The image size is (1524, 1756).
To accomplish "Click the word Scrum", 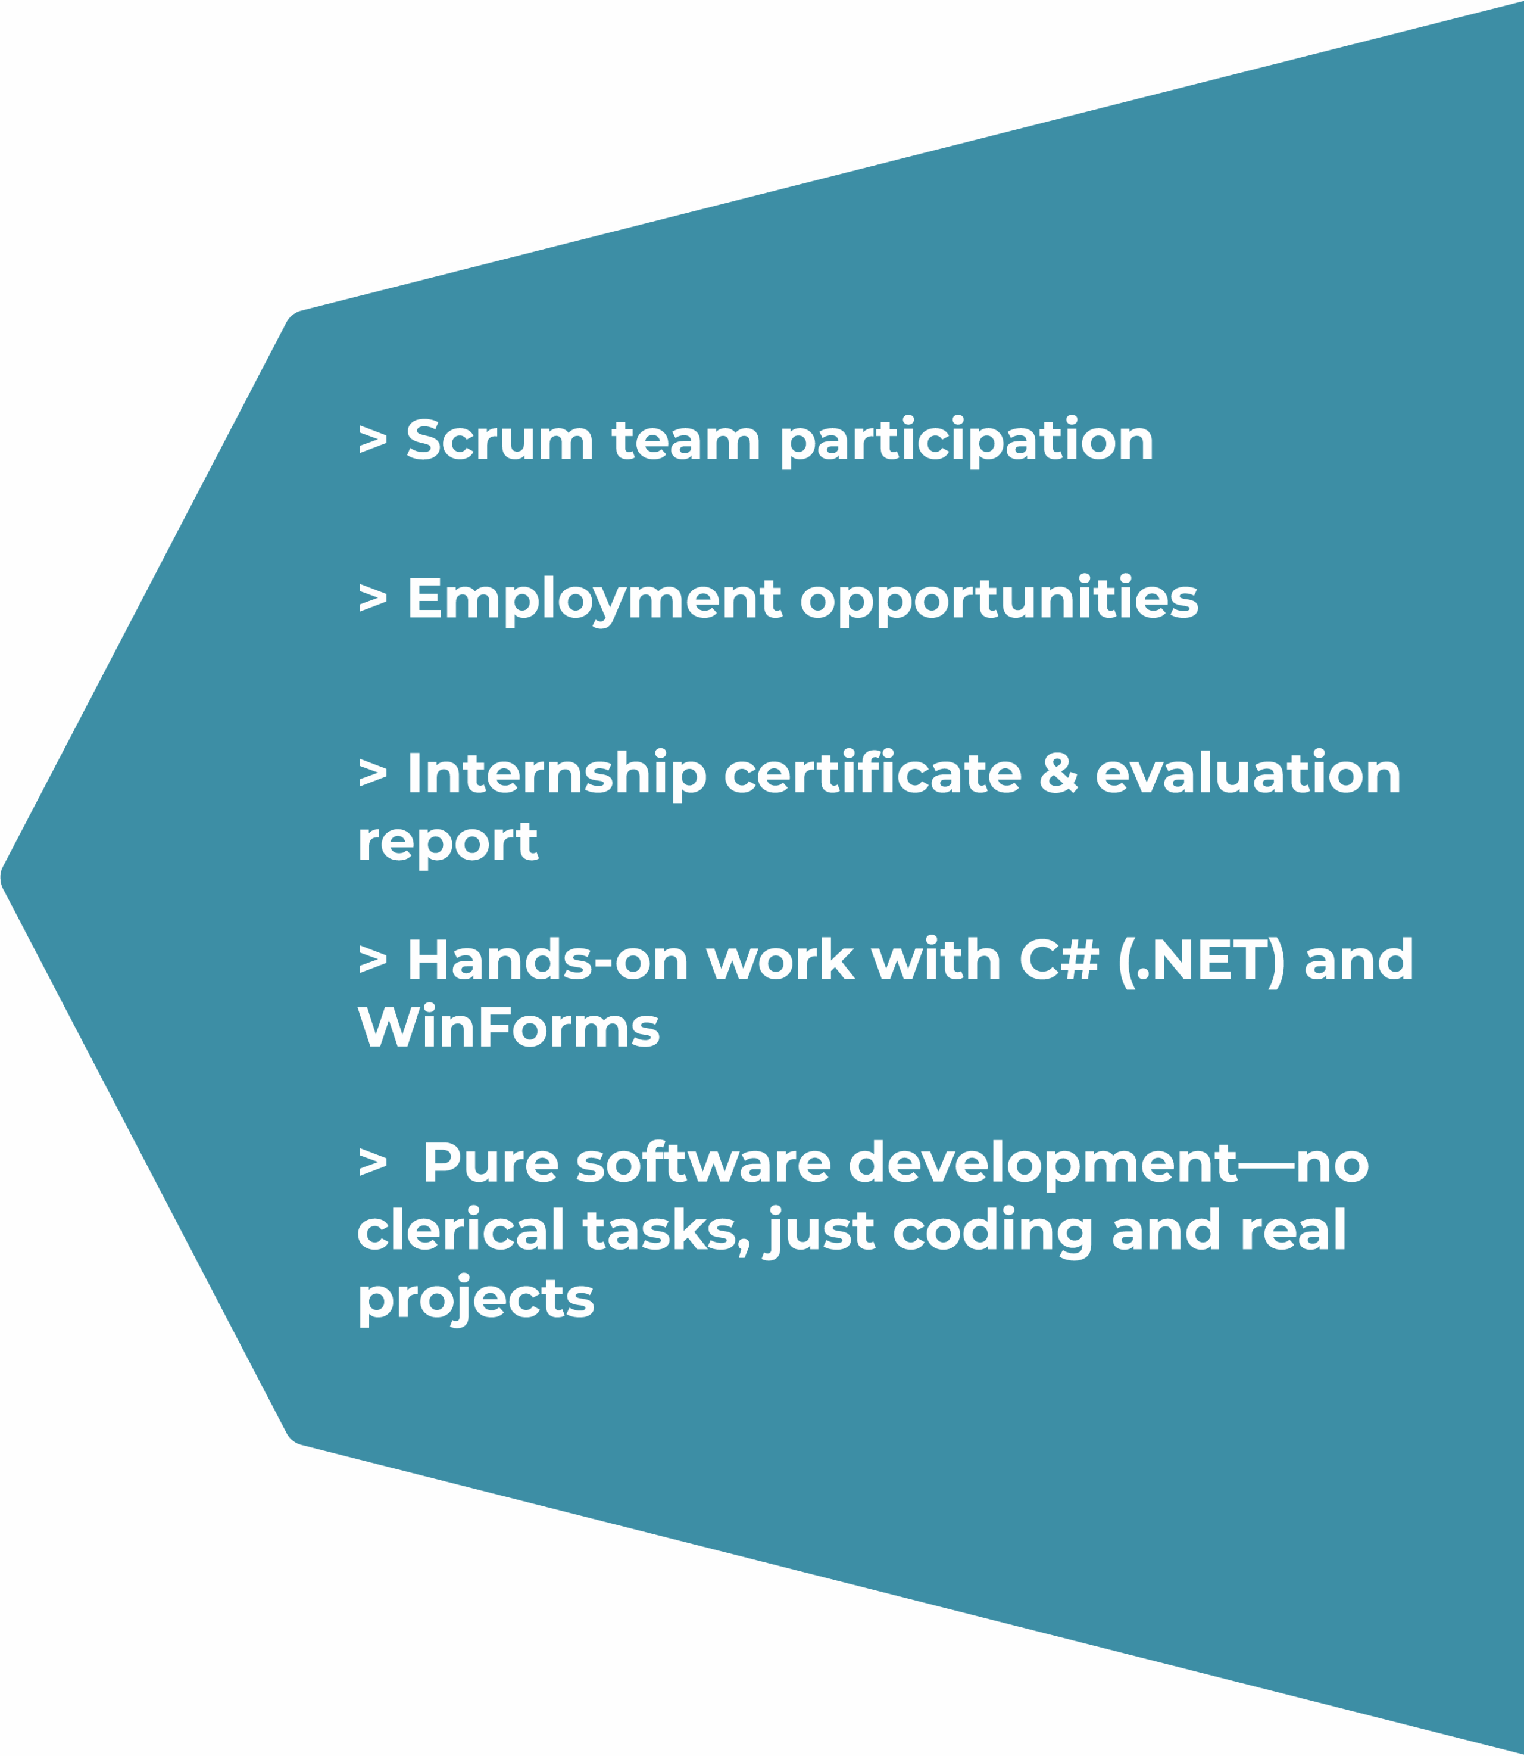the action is pyautogui.click(x=500, y=440).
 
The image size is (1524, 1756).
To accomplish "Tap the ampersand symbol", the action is pyautogui.click(x=1058, y=773).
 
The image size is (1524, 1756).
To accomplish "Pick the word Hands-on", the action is pyautogui.click(x=548, y=960).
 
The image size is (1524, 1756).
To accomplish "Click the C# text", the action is pyautogui.click(x=1059, y=960).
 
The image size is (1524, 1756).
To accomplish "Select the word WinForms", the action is pyautogui.click(x=508, y=1026).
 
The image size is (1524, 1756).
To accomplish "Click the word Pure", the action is pyautogui.click(x=491, y=1162).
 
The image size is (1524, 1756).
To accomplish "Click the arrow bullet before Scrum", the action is pyautogui.click(x=373, y=439).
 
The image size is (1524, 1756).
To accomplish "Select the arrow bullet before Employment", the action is pyautogui.click(x=373, y=597).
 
